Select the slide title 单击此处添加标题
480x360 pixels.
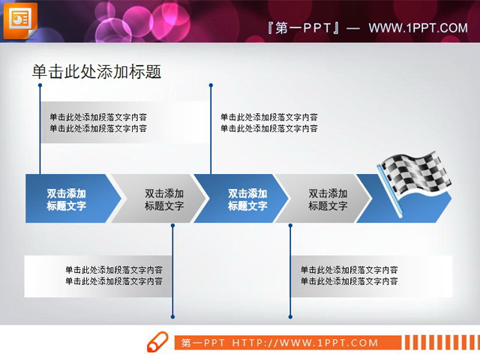click(x=96, y=71)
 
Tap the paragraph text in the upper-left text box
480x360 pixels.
click(x=98, y=122)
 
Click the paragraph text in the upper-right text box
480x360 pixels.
click(x=269, y=122)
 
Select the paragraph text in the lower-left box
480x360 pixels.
click(x=114, y=275)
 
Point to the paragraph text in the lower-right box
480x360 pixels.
click(x=349, y=275)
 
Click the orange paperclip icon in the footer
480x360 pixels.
click(x=157, y=341)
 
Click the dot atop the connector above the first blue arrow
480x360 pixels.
click(x=40, y=85)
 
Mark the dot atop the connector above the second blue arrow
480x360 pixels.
click(x=211, y=85)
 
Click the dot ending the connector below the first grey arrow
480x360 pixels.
click(x=173, y=316)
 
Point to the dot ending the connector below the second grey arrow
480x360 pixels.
click(x=290, y=316)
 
